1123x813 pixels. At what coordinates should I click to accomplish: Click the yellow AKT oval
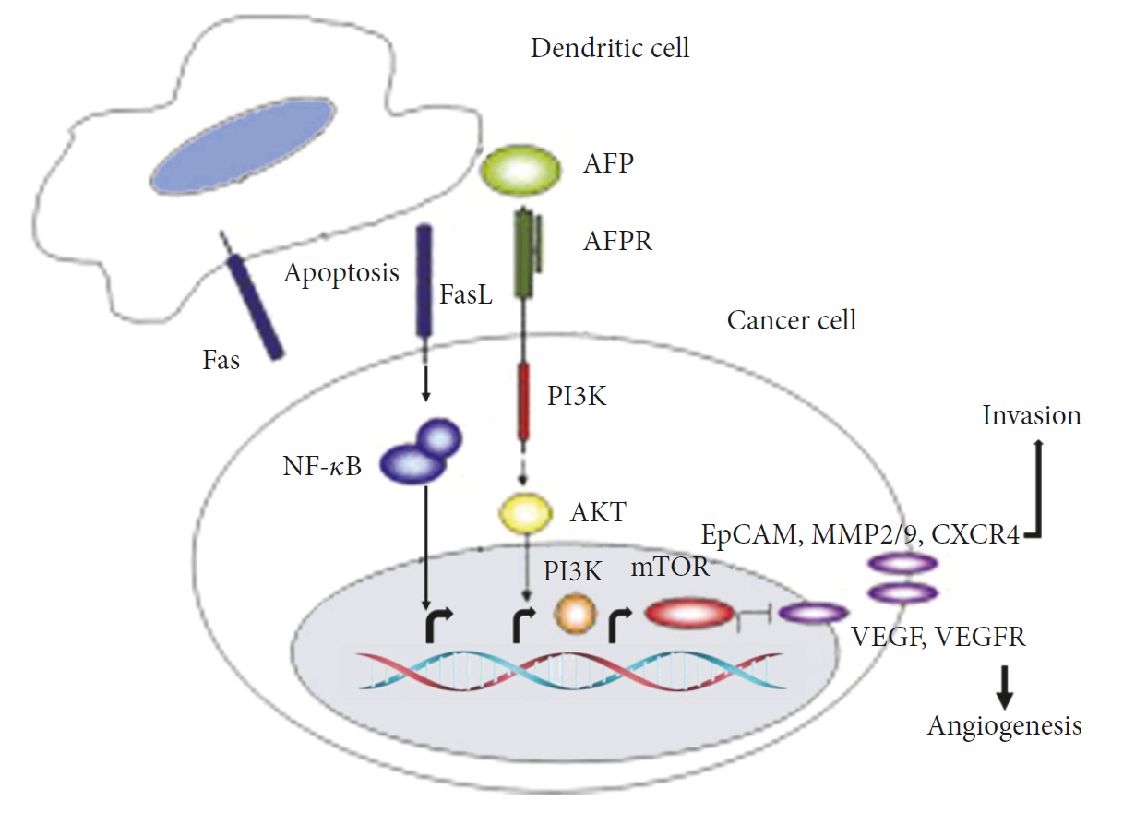pyautogui.click(x=524, y=510)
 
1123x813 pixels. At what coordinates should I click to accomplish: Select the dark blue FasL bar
pyautogui.click(x=425, y=281)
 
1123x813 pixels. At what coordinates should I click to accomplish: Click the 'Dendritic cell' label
pyautogui.click(x=609, y=48)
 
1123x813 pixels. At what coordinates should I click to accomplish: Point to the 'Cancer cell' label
pyautogui.click(x=792, y=320)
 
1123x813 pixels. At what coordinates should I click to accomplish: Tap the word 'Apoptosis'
pyautogui.click(x=341, y=273)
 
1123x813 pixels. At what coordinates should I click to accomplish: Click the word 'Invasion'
pyautogui.click(x=1031, y=415)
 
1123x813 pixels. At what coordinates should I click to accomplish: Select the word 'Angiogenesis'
pyautogui.click(x=1004, y=726)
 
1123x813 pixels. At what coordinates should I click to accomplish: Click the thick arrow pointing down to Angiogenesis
pyautogui.click(x=1006, y=683)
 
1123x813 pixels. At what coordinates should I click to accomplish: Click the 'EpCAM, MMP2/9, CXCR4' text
pyautogui.click(x=860, y=535)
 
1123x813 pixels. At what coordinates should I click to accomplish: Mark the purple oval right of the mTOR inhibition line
pyautogui.click(x=813, y=611)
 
